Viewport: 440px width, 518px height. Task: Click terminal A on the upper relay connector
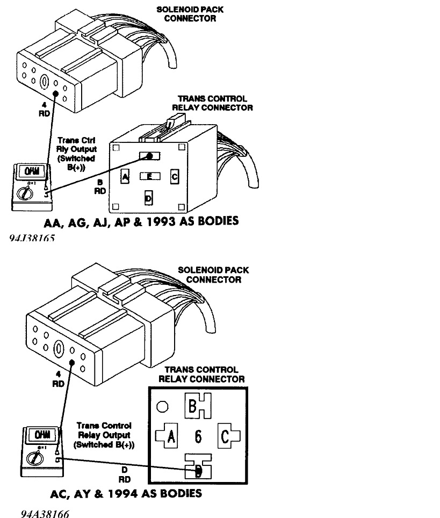tap(125, 177)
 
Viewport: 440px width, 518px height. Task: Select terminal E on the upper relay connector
tap(150, 176)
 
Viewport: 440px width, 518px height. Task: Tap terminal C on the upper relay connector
tap(174, 176)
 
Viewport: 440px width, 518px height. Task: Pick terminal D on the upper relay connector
tap(149, 198)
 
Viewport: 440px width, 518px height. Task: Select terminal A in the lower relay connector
tap(170, 436)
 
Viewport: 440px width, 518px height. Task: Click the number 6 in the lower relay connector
tap(198, 437)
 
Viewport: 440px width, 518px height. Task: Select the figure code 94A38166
tap(45, 514)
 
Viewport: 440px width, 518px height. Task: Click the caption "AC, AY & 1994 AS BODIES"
tap(126, 493)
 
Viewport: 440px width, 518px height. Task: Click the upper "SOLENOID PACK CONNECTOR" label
tap(186, 14)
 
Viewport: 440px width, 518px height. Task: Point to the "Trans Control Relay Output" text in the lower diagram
tap(104, 435)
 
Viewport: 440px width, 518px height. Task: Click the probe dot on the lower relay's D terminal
tap(198, 471)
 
